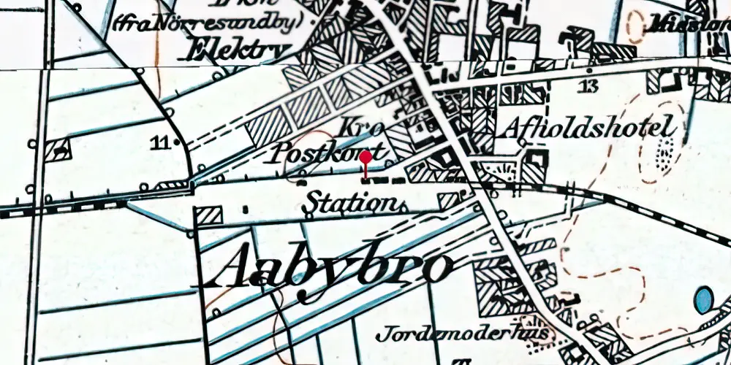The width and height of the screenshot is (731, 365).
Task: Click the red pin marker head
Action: pos(365,156)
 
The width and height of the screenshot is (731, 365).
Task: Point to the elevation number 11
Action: pos(160,142)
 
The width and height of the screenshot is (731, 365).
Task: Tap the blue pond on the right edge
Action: pos(704,299)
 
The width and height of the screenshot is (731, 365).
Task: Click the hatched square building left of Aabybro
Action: pos(210,216)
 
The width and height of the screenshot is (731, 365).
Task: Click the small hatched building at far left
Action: pos(57,150)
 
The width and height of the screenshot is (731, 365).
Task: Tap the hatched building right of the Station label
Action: pos(447,200)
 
